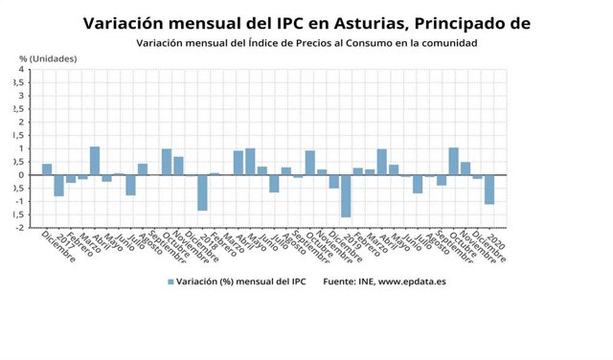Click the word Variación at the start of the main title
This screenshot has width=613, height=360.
(127, 22)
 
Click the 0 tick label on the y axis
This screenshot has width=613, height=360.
(21, 175)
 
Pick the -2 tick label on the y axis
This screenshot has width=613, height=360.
(19, 228)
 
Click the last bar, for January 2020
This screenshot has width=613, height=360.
(488, 190)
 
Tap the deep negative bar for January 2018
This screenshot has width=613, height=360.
(202, 192)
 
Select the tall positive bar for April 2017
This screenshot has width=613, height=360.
(95, 161)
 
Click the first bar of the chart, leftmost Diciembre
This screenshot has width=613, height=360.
(47, 169)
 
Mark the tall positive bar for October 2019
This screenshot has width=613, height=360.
(453, 161)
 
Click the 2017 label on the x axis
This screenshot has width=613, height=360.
(65, 239)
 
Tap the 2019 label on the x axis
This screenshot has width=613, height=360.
(352, 239)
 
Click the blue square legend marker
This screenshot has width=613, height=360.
(171, 281)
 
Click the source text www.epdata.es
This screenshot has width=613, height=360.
(414, 281)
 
